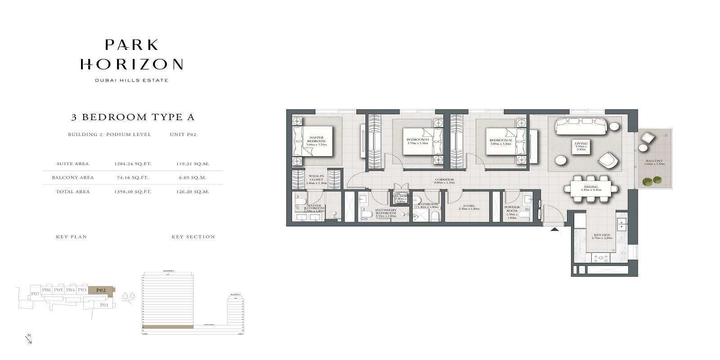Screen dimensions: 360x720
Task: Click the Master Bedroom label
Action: tap(316, 140)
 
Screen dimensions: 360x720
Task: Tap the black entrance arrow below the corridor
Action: tap(555, 229)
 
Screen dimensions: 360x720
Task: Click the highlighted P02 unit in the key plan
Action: tap(101, 290)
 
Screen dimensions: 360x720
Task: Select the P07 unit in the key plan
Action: tap(36, 294)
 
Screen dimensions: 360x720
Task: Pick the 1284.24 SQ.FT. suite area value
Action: tap(133, 164)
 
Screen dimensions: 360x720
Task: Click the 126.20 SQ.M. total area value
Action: tap(193, 192)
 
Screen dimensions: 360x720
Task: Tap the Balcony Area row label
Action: tap(73, 177)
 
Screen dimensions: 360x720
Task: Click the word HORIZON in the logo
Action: tap(131, 64)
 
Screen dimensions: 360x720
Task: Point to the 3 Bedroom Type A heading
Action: tap(133, 117)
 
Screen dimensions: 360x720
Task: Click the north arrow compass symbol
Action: tap(29, 339)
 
